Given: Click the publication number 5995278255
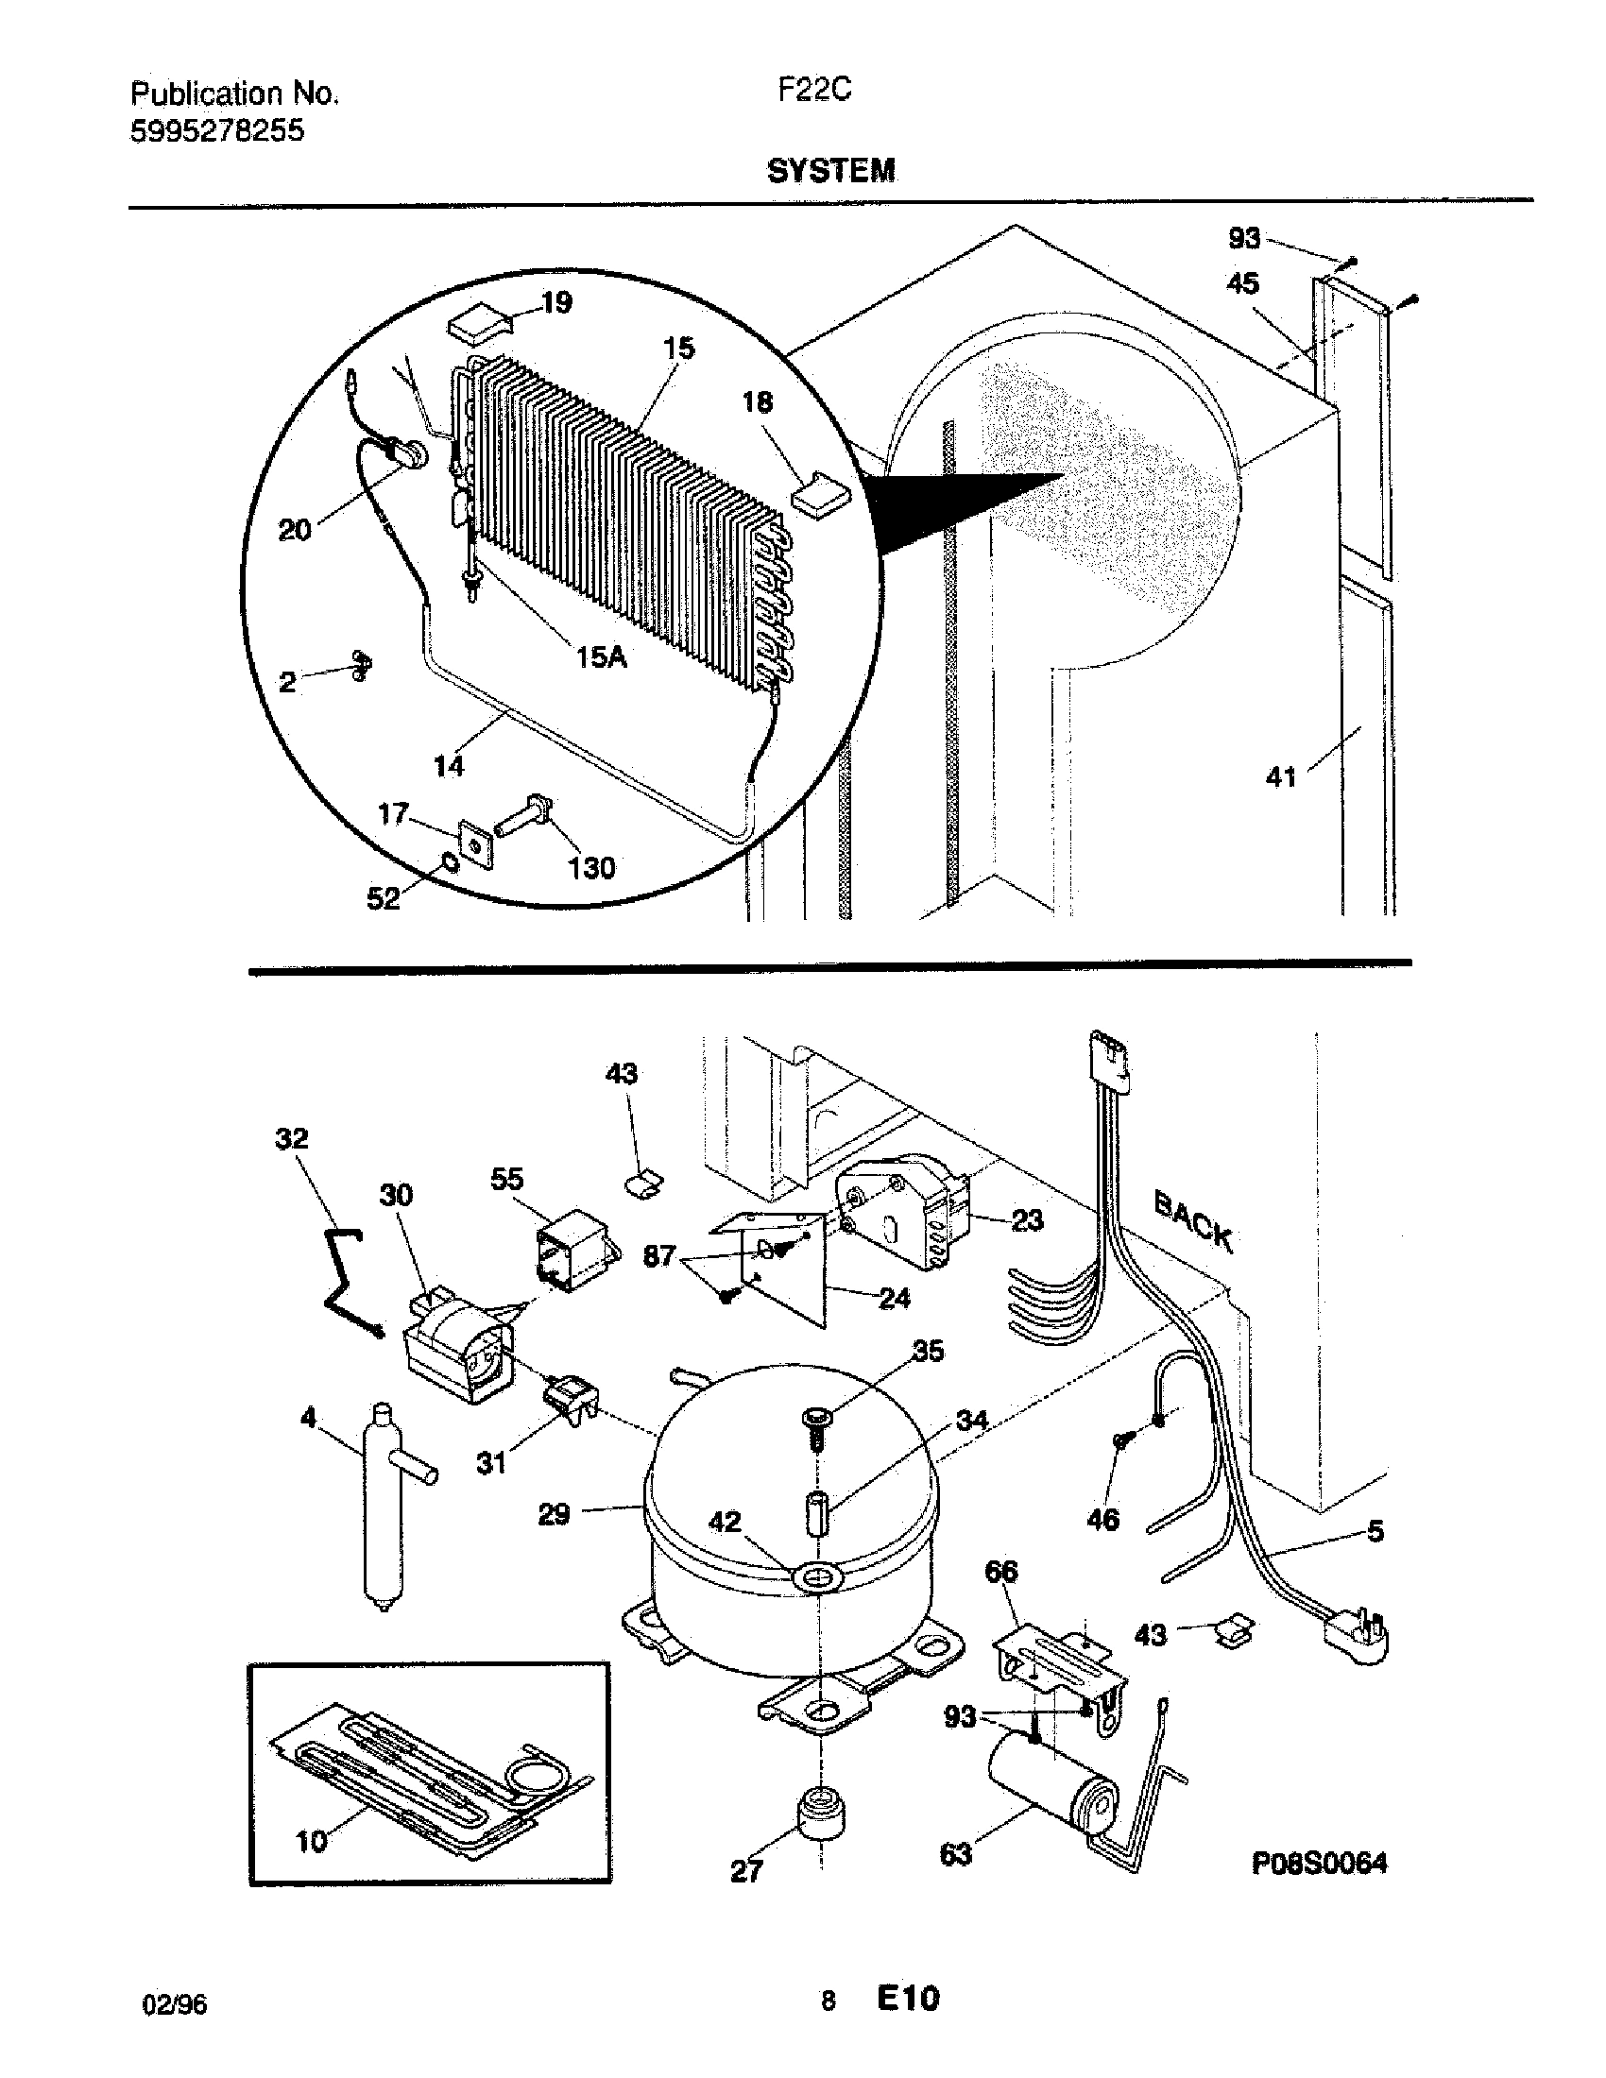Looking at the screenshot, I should click(217, 130).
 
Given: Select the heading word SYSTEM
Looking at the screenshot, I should click(830, 171).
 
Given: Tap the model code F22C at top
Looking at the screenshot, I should click(814, 90).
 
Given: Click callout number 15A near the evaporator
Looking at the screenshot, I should click(600, 656).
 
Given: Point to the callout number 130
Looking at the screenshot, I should click(590, 868).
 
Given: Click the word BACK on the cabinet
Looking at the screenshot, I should click(1193, 1222).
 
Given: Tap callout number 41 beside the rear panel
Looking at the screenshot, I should click(1281, 777).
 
